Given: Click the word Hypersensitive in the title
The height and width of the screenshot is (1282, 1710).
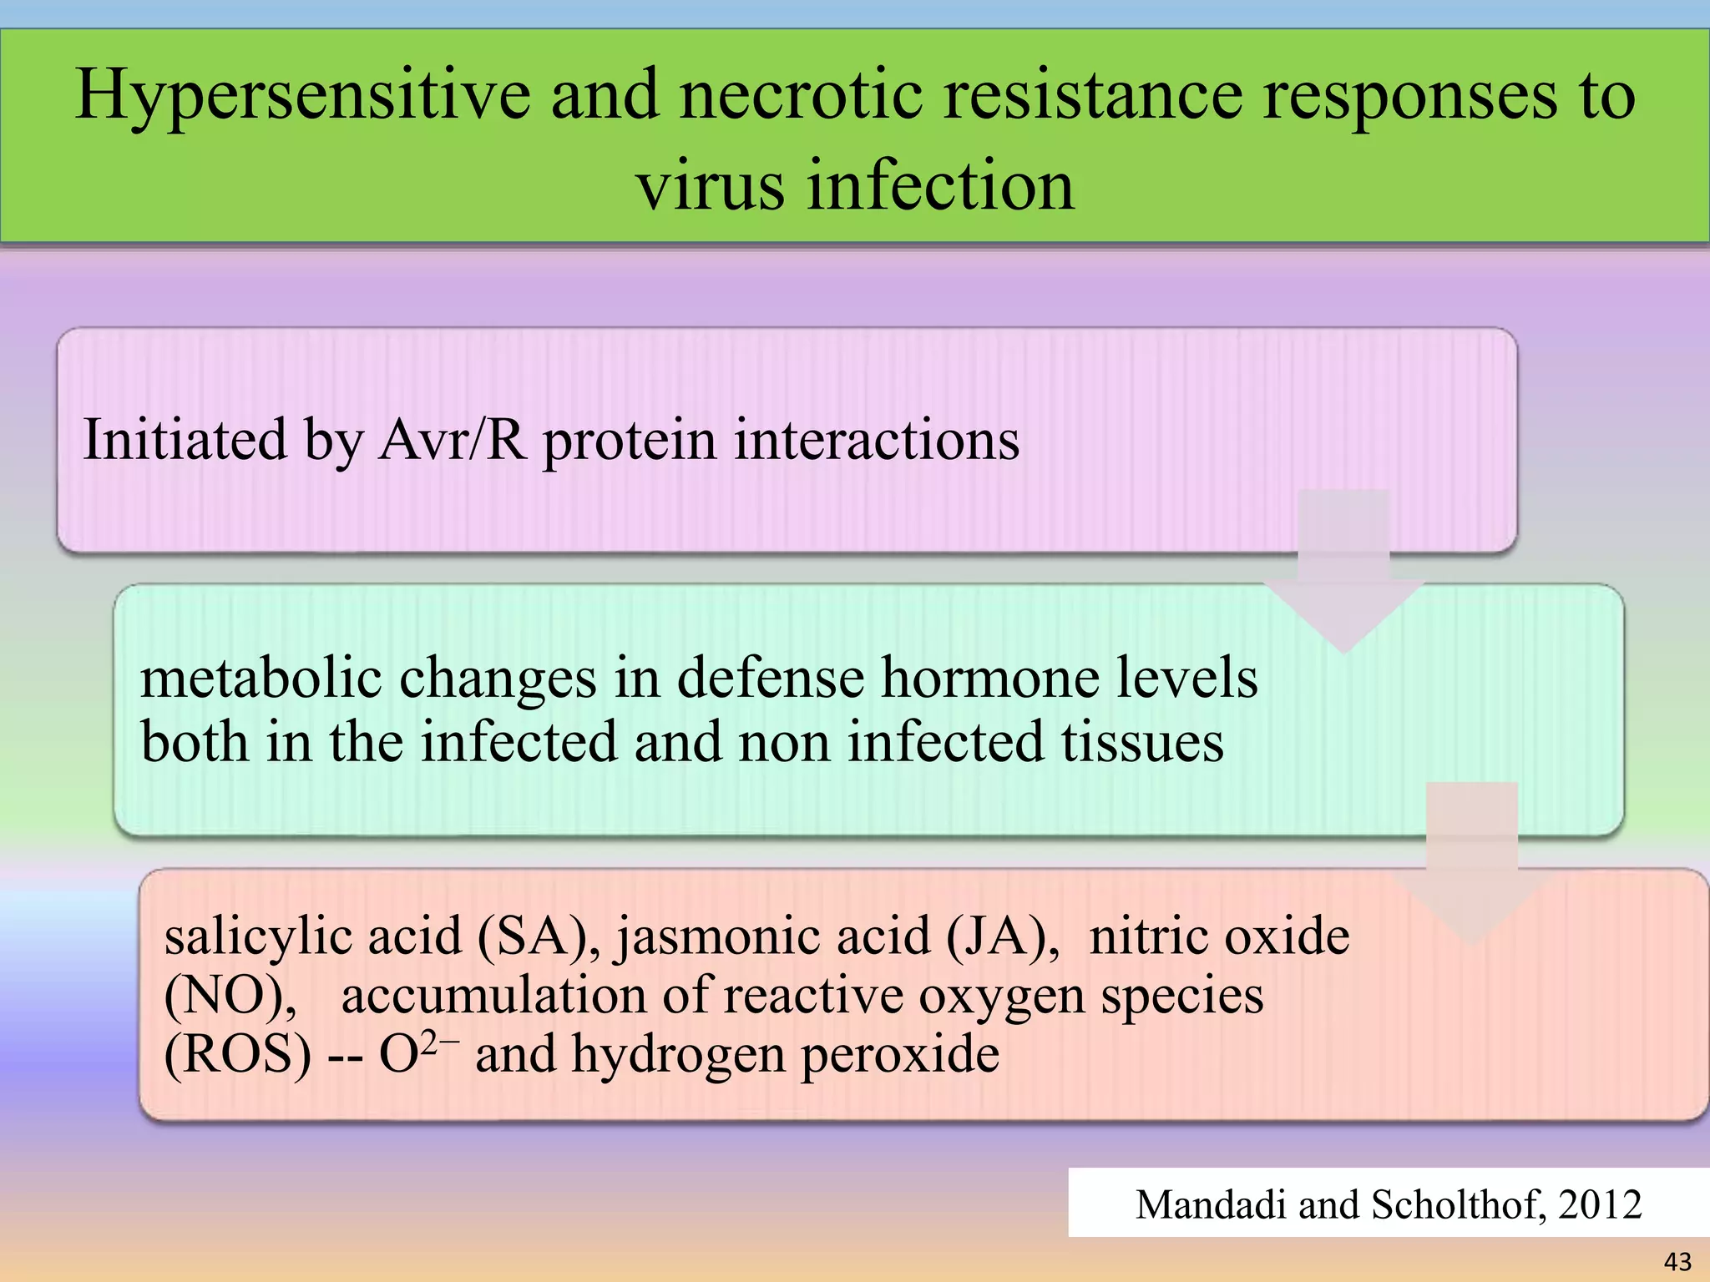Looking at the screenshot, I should (302, 96).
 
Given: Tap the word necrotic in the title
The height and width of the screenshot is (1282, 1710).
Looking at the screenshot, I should (800, 96).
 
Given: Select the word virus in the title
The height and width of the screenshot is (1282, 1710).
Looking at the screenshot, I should (710, 185).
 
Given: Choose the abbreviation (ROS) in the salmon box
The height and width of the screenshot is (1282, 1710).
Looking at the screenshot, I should (237, 1054).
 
